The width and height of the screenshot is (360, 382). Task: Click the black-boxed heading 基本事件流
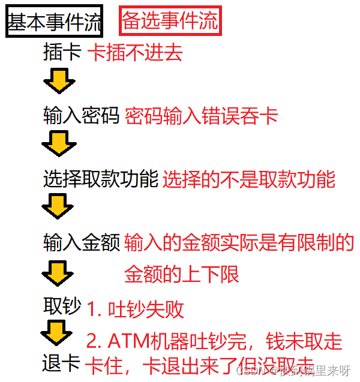(x=54, y=22)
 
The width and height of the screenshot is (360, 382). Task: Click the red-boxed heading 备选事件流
(x=170, y=21)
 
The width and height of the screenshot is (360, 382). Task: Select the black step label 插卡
(x=62, y=53)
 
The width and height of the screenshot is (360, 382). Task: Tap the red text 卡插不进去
(x=135, y=53)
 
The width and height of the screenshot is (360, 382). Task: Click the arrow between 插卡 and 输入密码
(x=59, y=81)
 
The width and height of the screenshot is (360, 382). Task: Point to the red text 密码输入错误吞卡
(x=202, y=116)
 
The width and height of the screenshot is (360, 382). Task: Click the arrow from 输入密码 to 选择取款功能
(x=59, y=144)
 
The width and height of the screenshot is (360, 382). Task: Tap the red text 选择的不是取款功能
(x=249, y=179)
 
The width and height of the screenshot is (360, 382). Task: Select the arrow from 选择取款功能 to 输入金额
(x=58, y=207)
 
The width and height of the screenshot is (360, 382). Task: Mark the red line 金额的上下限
(x=182, y=274)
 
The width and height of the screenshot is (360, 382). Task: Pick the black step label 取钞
(x=62, y=306)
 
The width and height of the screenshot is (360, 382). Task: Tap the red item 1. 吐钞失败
(x=135, y=310)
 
